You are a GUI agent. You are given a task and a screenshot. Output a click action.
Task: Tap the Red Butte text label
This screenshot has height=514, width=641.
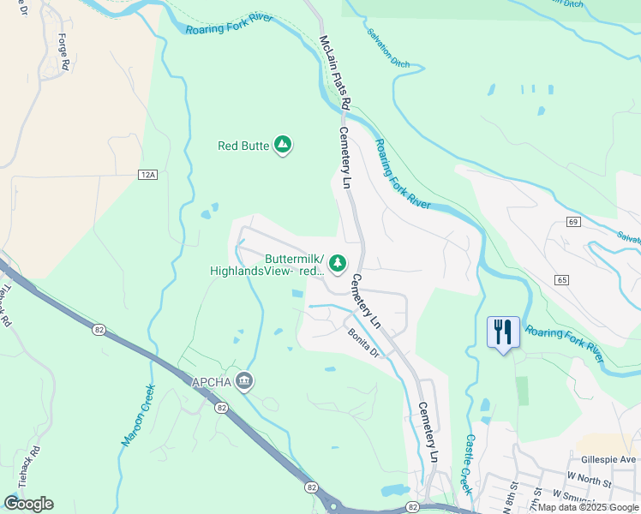point(243,146)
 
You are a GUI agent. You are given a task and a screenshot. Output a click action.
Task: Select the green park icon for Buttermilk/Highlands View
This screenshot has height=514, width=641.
point(338,262)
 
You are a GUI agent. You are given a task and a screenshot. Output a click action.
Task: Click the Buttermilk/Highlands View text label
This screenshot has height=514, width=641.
point(267,265)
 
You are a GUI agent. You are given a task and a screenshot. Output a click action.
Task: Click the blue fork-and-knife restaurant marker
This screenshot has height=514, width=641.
point(503,332)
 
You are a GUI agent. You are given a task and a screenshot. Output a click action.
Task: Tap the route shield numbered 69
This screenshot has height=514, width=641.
point(573,222)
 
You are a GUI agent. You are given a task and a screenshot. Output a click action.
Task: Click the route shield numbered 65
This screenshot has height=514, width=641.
point(562,280)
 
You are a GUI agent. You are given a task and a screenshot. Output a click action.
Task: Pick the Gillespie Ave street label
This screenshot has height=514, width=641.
point(606,460)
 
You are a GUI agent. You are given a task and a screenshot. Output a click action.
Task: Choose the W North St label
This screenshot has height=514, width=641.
point(590,484)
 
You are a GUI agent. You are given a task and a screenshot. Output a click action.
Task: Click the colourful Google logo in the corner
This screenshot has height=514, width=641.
point(28,504)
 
